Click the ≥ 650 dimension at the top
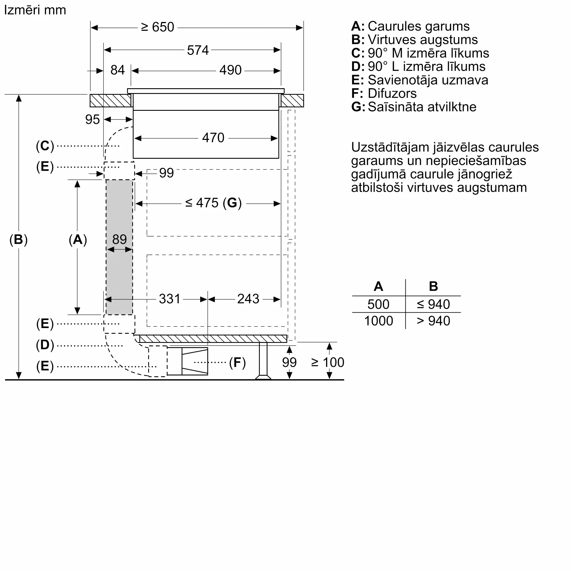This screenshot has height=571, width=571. pyautogui.click(x=158, y=27)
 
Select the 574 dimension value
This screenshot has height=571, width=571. pyautogui.click(x=198, y=50)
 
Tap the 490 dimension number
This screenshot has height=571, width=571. pyautogui.click(x=230, y=70)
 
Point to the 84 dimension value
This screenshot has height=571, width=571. pyautogui.click(x=117, y=70)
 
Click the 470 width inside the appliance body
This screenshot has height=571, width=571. pyautogui.click(x=213, y=138)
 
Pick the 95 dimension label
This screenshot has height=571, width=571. pyautogui.click(x=92, y=120)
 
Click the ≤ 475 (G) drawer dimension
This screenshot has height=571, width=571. pyautogui.click(x=213, y=203)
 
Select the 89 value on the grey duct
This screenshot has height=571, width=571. pyautogui.click(x=119, y=239)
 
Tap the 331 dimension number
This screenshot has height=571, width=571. pyautogui.click(x=169, y=299)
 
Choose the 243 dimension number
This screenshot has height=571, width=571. pyautogui.click(x=248, y=299)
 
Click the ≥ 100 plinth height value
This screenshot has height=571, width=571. pyautogui.click(x=327, y=362)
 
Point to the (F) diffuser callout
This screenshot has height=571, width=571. pyautogui.click(x=237, y=362)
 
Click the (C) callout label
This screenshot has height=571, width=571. pyautogui.click(x=45, y=146)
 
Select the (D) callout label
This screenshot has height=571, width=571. pyautogui.click(x=45, y=345)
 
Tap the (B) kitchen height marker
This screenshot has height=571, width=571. pyautogui.click(x=18, y=240)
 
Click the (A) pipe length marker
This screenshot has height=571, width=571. pyautogui.click(x=78, y=240)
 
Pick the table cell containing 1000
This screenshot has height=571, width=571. pyautogui.click(x=378, y=321)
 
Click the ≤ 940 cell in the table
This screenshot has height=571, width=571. pyautogui.click(x=433, y=304)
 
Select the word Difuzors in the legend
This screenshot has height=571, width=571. pyautogui.click(x=392, y=94)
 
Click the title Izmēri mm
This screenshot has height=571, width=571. pyautogui.click(x=35, y=10)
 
